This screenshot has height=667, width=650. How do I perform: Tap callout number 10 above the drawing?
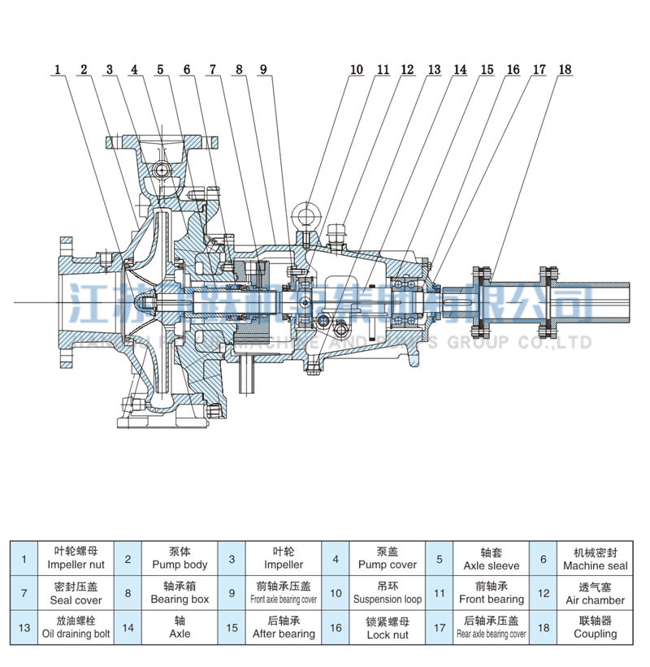(356, 70)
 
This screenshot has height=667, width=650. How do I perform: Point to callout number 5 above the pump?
(161, 70)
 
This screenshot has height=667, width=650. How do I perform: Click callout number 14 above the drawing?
(461, 70)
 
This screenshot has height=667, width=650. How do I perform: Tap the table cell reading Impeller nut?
(75, 558)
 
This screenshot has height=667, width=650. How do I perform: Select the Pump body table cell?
(180, 558)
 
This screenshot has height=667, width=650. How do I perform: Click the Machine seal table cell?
(595, 558)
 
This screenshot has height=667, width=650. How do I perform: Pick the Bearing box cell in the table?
(180, 592)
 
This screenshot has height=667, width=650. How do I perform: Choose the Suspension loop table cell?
(388, 592)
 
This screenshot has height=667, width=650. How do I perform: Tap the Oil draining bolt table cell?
(75, 627)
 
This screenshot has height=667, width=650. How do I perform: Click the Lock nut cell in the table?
(388, 627)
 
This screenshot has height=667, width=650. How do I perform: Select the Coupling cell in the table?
(595, 627)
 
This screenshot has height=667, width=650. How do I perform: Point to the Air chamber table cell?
(595, 592)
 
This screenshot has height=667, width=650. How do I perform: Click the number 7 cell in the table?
(24, 593)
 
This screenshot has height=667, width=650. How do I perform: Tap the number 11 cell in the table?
(440, 593)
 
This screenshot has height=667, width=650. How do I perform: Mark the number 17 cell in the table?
(440, 627)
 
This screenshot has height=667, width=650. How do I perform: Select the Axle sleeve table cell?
(491, 558)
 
